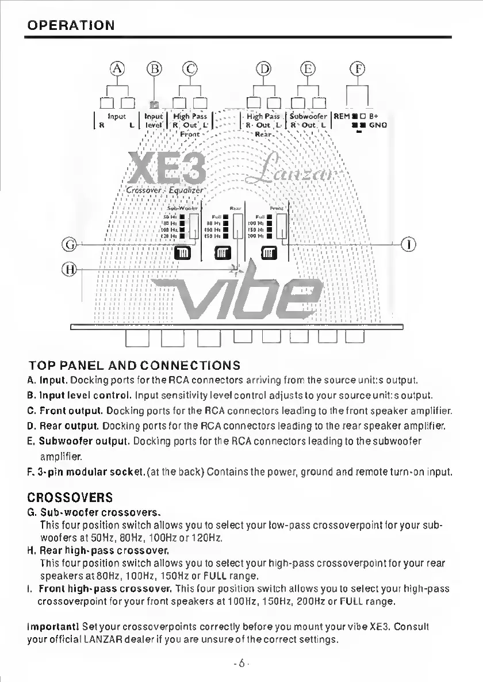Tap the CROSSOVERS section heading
pyautogui.click(x=70, y=496)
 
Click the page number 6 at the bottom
pyautogui.click(x=241, y=663)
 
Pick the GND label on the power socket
pyautogui.click(x=378, y=124)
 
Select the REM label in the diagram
pyautogui.click(x=342, y=116)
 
